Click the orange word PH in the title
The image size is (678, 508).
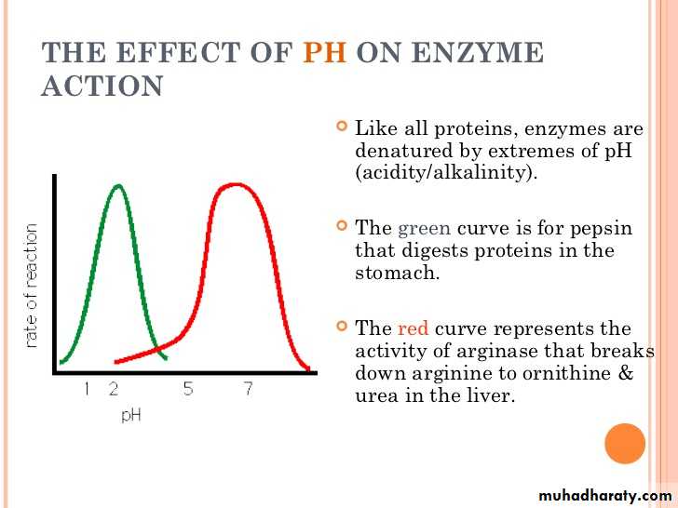click(325, 53)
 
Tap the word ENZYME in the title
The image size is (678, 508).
click(478, 53)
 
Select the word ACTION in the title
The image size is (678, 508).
click(102, 87)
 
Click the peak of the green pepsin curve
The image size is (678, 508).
click(118, 186)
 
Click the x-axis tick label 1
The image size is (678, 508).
click(87, 389)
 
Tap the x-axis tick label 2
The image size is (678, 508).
click(114, 389)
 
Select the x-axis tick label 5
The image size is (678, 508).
click(188, 389)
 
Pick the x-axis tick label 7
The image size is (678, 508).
click(248, 389)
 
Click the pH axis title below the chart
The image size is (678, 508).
click(131, 415)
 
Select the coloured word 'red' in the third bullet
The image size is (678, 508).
click(413, 328)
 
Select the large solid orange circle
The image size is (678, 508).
click(625, 444)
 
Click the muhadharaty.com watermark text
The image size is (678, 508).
click(605, 495)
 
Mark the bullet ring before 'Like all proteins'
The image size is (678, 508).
click(342, 126)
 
